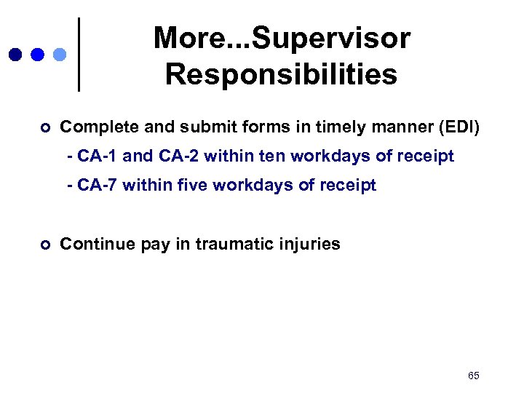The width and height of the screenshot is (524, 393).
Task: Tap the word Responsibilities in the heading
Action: pos(281,74)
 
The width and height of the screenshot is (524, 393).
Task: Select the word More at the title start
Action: pos(183,39)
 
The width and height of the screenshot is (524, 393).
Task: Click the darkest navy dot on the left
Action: pos(14,55)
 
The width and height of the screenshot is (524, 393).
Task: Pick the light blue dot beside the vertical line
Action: pos(60,55)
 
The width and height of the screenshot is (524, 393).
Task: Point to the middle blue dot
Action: pos(37,55)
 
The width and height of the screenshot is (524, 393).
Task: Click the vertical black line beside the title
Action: pos(79,55)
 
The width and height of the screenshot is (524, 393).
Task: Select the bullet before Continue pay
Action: pos(45,245)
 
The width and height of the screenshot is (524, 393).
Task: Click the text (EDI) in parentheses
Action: pos(458,128)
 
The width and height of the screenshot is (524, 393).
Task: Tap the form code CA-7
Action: pos(98,186)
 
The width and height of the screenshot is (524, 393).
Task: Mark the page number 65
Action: pos(474,376)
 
